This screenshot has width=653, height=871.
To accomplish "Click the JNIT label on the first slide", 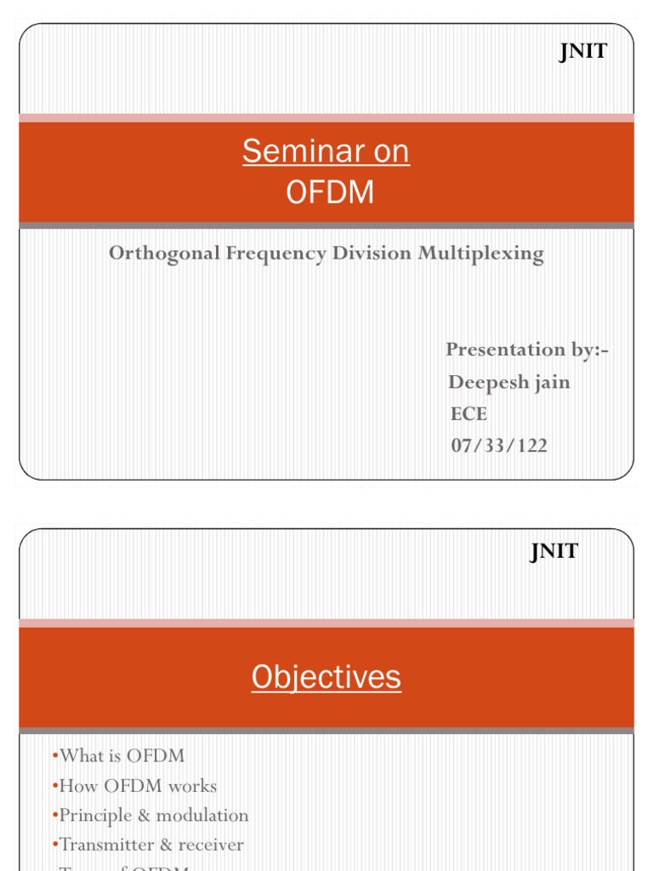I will tap(582, 52).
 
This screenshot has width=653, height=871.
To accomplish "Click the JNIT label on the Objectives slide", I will tap(554, 551).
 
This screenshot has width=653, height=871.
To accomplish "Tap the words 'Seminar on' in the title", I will tap(326, 151).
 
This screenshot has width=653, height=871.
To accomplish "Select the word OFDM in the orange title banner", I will tap(330, 193).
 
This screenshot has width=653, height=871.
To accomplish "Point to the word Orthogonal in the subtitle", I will tap(164, 253).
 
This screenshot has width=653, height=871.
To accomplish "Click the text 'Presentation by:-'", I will tap(527, 350).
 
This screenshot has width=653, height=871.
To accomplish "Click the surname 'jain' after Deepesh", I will tap(551, 382).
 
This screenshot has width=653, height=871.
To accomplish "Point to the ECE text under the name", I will tap(469, 414).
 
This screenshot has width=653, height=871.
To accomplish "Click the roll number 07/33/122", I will tap(499, 445).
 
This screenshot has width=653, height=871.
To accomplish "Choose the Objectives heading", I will tap(326, 677).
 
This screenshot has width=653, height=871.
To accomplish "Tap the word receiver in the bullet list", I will tap(211, 845).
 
